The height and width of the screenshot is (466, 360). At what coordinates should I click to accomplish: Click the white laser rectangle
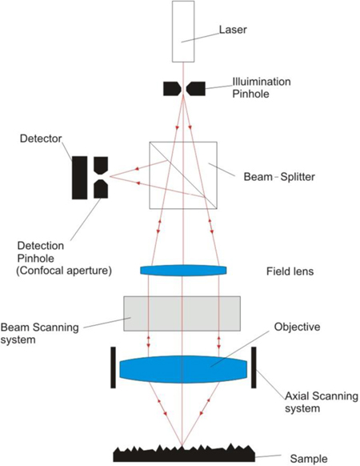[183, 31]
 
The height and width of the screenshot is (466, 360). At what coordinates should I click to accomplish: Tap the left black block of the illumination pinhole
[172, 88]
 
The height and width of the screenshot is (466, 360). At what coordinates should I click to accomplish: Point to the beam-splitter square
[183, 174]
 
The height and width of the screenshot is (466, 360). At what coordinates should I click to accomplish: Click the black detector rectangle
[79, 178]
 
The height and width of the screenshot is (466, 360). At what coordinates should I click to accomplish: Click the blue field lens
[183, 271]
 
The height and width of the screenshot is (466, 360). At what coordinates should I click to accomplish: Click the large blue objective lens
[183, 368]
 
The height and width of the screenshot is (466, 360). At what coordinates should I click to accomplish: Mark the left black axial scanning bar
[112, 367]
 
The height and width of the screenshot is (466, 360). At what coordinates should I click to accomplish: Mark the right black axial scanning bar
[254, 367]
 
